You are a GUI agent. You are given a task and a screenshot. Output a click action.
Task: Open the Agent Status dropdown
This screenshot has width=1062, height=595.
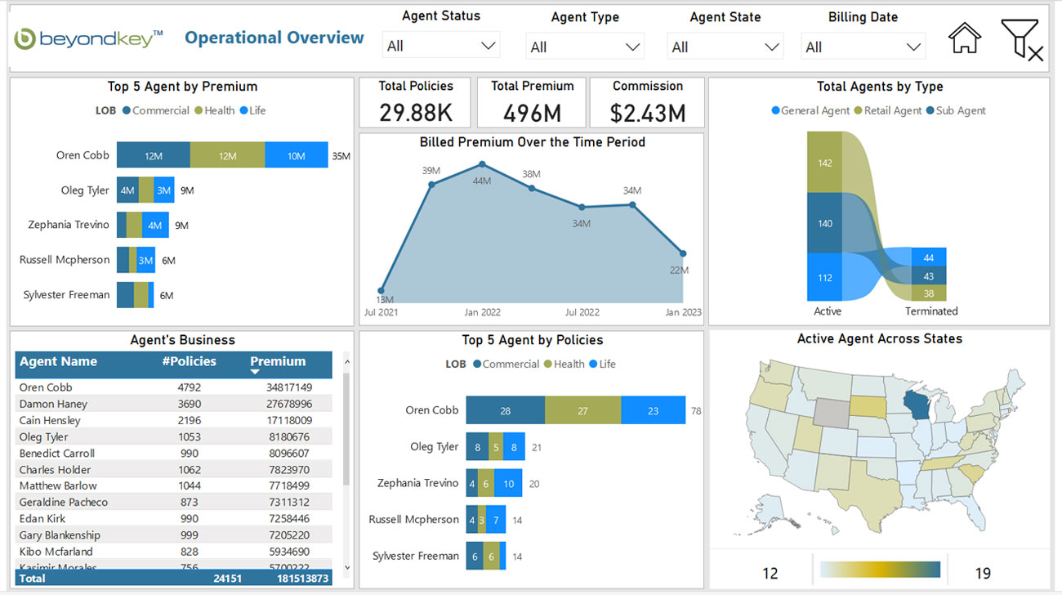tap(441, 46)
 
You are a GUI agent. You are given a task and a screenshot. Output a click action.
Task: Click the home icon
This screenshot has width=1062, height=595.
tap(964, 38)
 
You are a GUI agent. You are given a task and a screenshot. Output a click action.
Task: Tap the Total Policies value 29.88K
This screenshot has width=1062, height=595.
tap(416, 112)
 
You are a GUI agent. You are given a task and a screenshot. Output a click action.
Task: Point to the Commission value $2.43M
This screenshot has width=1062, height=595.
tap(647, 112)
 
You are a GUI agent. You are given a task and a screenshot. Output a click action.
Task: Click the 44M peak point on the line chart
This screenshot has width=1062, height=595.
tap(482, 164)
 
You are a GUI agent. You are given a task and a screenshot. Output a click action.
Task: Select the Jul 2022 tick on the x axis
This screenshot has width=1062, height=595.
tap(582, 312)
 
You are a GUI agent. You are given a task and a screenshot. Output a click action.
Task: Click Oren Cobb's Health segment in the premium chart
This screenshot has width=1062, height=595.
tap(227, 155)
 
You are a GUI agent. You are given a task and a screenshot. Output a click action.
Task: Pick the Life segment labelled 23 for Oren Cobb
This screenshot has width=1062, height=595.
tap(653, 410)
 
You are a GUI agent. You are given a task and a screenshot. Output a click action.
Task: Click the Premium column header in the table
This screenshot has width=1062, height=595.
tap(278, 362)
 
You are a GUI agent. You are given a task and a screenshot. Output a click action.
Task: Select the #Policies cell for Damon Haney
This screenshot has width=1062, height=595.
tap(189, 404)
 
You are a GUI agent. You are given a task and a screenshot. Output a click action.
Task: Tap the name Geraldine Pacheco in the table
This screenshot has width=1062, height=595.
tap(64, 502)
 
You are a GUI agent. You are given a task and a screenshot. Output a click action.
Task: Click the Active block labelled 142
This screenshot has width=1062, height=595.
tap(824, 162)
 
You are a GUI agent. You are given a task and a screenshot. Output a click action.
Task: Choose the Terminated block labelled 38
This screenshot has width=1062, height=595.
tap(928, 293)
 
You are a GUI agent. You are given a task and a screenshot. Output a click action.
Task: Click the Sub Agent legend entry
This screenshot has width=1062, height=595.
tap(956, 110)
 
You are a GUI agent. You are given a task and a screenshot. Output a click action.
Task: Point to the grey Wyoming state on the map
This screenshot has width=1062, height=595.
tap(830, 412)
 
